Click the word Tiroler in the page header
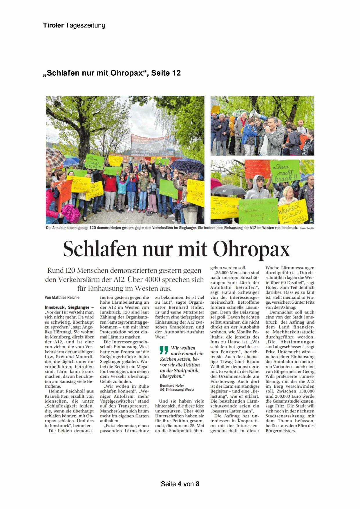[x=53, y=25]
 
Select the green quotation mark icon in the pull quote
[x=164, y=350]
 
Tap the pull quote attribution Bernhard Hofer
[x=172, y=385]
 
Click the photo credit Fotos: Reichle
[x=307, y=228]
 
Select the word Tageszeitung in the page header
[x=85, y=25]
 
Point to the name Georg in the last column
[x=308, y=372]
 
